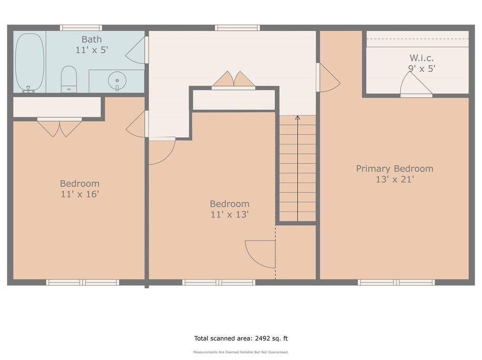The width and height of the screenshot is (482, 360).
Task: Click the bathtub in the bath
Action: pyautogui.click(x=30, y=62)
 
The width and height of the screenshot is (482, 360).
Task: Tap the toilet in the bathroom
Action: pyautogui.click(x=69, y=79)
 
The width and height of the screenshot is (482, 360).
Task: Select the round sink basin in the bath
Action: pyautogui.click(x=117, y=81)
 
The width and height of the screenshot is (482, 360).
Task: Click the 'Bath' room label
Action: pyautogui.click(x=92, y=39)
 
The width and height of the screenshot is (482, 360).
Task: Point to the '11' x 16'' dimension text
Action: pyautogui.click(x=79, y=194)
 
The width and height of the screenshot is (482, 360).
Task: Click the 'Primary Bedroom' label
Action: pyautogui.click(x=395, y=169)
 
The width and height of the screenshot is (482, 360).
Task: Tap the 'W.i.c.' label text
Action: pyautogui.click(x=422, y=58)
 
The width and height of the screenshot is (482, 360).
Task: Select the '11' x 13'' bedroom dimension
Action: pyautogui.click(x=230, y=214)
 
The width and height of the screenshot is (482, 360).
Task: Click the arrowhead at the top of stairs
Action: pyautogui.click(x=298, y=118)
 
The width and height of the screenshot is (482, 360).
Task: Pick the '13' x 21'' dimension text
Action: pyautogui.click(x=395, y=179)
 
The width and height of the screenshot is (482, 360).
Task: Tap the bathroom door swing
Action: pyautogui.click(x=135, y=50)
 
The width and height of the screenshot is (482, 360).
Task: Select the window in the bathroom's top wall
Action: pyautogui.click(x=81, y=28)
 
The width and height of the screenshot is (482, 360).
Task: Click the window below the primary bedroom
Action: pyautogui.click(x=396, y=282)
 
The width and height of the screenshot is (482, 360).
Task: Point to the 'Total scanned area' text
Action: pyautogui.click(x=241, y=339)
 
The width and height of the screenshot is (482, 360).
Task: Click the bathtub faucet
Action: pyautogui.click(x=28, y=89)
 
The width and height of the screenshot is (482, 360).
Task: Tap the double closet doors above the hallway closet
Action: pyautogui.click(x=233, y=80)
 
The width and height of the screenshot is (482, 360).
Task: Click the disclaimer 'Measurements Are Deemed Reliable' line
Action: pyautogui.click(x=241, y=352)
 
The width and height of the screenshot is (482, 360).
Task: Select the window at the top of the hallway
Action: pyautogui.click(x=237, y=28)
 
